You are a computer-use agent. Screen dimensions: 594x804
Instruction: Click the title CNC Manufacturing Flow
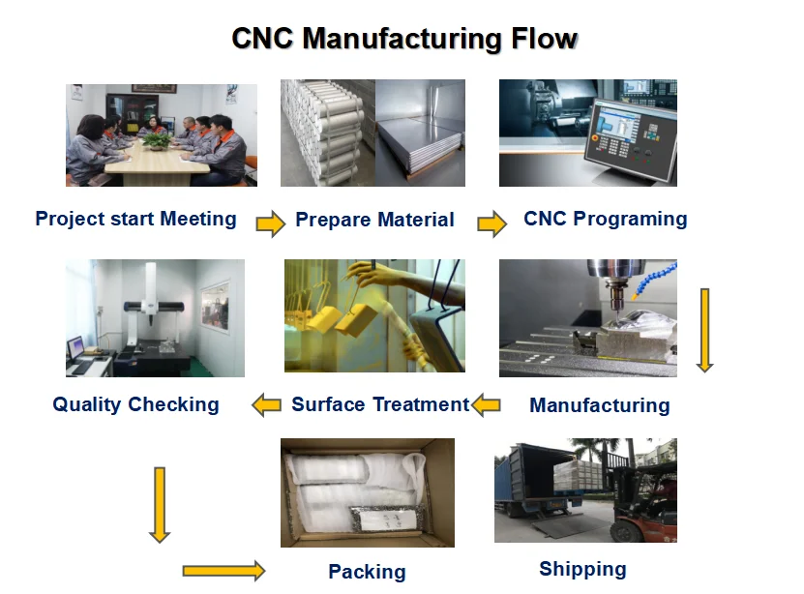[404, 39]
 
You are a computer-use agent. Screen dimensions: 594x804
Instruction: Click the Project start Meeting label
[135, 219]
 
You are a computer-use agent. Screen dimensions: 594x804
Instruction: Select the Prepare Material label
[374, 220]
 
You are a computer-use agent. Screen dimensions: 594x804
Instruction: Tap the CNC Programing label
[605, 219]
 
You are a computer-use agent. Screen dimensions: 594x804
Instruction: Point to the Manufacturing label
[599, 405]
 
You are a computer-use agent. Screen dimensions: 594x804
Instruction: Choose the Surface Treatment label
[380, 404]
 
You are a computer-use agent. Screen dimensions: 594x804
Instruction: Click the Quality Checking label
[135, 404]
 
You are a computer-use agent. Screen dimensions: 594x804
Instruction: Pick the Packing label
[367, 572]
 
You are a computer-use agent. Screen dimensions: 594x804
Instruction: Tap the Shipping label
[582, 569]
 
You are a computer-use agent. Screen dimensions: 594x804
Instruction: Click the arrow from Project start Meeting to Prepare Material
[270, 224]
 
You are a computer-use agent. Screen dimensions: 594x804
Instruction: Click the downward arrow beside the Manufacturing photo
[704, 329]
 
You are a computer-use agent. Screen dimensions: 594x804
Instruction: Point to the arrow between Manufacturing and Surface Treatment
[487, 404]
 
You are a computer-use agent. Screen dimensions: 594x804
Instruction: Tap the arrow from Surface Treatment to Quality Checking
[266, 404]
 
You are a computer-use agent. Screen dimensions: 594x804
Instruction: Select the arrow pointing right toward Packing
[223, 570]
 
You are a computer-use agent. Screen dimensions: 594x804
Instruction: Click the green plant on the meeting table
[156, 141]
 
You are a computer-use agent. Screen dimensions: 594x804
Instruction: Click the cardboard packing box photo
[367, 493]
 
